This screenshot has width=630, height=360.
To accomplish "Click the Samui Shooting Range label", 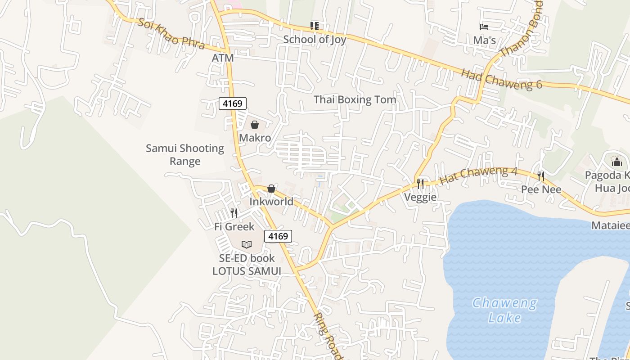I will pos(185,154).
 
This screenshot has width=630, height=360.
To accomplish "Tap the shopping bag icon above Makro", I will pos(255,125).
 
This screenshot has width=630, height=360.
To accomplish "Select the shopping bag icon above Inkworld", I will pos(271,189).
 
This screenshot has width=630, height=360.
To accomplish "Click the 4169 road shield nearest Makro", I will pos(233,103).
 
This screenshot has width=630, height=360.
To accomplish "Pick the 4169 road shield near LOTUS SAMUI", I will pos(278,236).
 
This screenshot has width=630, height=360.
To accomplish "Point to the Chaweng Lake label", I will pos(504,310).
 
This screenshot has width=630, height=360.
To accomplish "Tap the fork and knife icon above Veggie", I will pos(420,184).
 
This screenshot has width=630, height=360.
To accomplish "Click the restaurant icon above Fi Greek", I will pos(234,213).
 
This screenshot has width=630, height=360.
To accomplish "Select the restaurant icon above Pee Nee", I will pos(541,176).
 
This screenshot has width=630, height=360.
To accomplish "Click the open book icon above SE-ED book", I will pos(247,244).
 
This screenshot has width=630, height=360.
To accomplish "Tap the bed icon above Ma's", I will pos(484,27).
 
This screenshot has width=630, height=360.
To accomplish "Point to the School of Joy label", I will pos(315,40).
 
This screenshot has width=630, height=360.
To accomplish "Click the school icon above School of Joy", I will pos(315,26).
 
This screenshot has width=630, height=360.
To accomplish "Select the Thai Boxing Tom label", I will pos(355,99).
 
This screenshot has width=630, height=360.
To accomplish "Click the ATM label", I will pos(223,58).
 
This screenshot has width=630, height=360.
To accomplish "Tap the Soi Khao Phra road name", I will pos(171,34).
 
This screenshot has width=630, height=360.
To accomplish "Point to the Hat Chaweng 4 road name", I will pos(478,175).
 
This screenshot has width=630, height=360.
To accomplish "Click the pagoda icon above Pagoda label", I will pos(616,161).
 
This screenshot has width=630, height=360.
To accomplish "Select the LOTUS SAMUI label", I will pos(247,271).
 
